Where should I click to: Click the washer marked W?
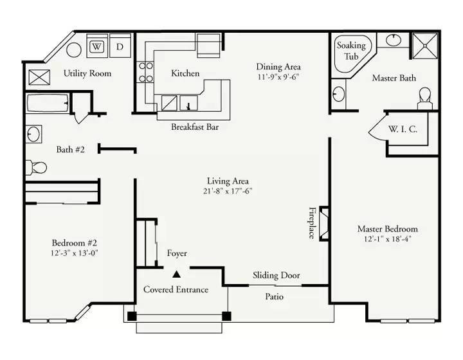coord(97,46)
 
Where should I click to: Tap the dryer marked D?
coord(120,46)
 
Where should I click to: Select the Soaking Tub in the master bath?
coord(352,55)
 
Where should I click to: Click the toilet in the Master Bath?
coord(425,99)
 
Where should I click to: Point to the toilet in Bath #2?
coord(36,168)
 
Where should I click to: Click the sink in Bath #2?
coord(33,134)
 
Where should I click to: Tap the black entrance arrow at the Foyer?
coord(177,274)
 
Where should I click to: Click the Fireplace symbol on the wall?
coord(324,223)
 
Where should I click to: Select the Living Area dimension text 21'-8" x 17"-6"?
coord(228,191)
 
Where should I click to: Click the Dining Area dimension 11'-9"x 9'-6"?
coord(278,77)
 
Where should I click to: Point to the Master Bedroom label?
coord(387,229)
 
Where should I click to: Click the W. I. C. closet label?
coord(403,129)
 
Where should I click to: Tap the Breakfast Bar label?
coord(195,127)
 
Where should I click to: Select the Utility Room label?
coord(87,73)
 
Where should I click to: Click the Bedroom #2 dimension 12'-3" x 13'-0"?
coord(74,253)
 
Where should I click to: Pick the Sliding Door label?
coord(276,275)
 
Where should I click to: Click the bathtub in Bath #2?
coord(48,104)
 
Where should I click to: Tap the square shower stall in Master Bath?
coord(425,46)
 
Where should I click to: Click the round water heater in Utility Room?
coord(74,50)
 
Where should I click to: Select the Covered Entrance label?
coord(176,289)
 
